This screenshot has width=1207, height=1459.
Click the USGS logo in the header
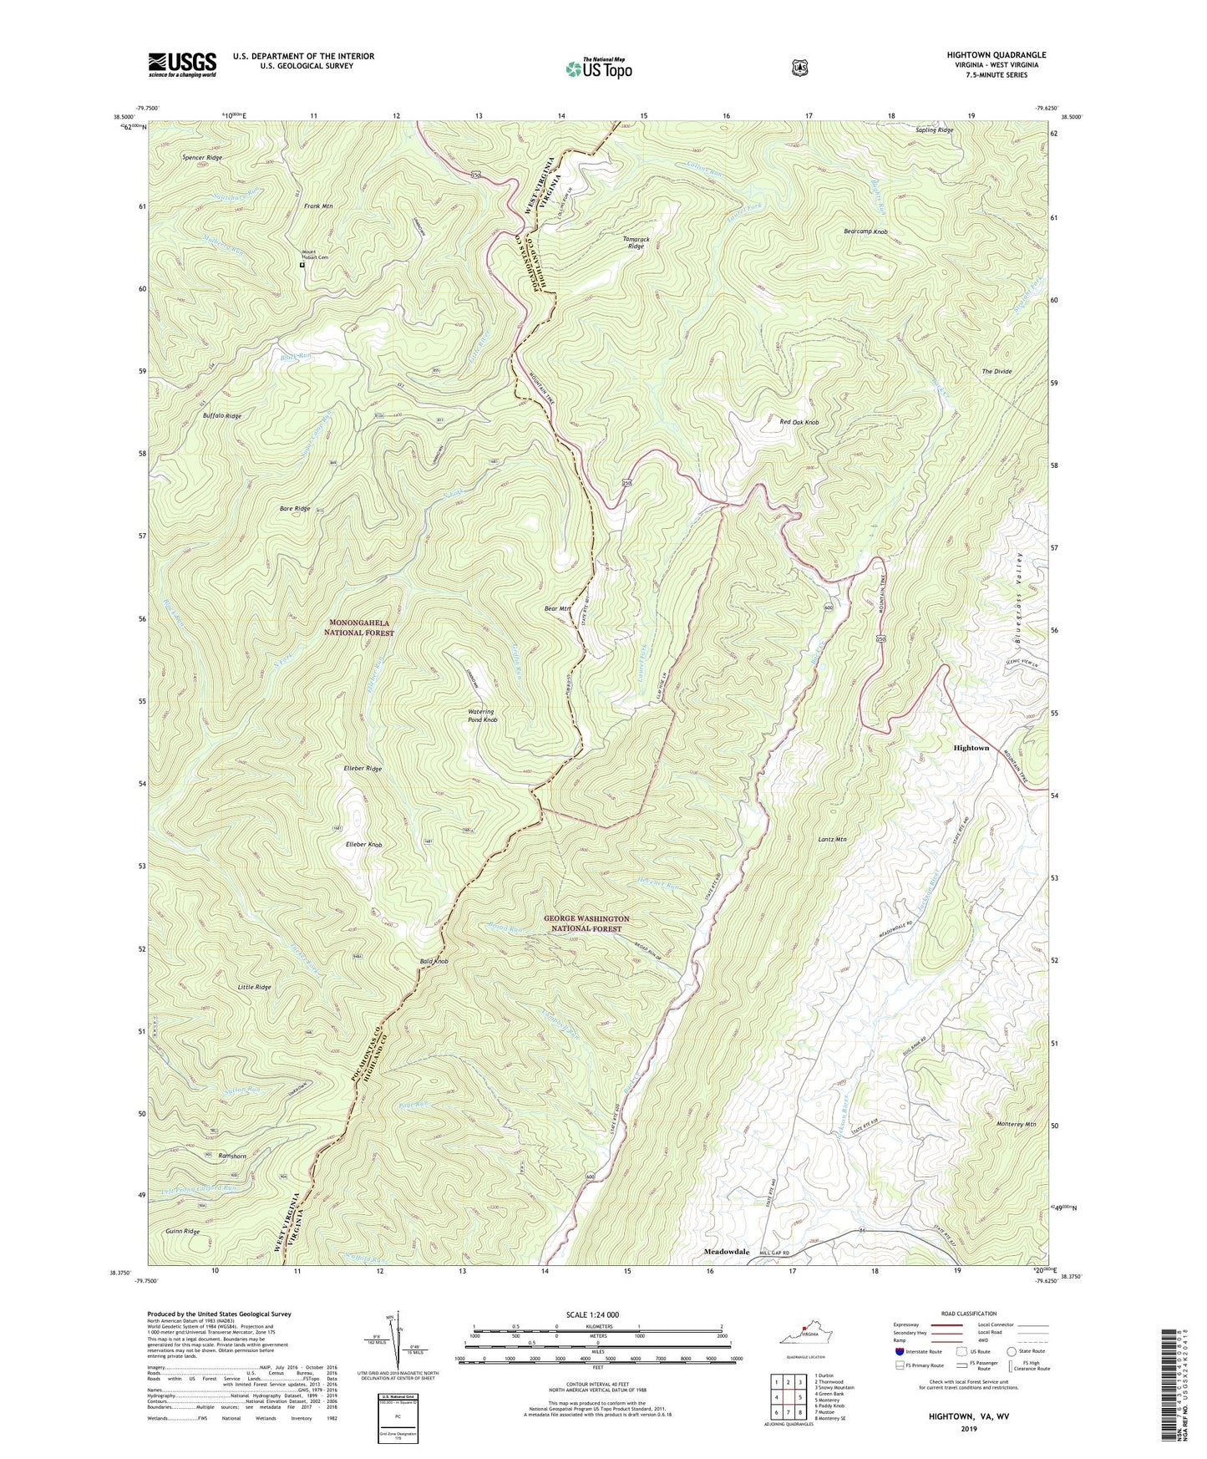pyautogui.click(x=182, y=64)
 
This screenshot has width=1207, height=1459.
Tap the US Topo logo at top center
pyautogui.click(x=597, y=69)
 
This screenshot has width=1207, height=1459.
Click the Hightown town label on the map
pyautogui.click(x=971, y=748)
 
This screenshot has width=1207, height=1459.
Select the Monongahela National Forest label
pyautogui.click(x=359, y=628)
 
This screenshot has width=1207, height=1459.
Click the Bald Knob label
pyautogui.click(x=434, y=962)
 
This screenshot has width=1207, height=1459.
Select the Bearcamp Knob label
pyautogui.click(x=865, y=231)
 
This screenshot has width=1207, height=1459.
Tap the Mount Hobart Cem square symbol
pyautogui.click(x=302, y=266)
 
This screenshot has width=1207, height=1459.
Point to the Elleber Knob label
pyautogui.click(x=363, y=846)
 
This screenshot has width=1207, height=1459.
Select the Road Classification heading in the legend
pyautogui.click(x=969, y=1314)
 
